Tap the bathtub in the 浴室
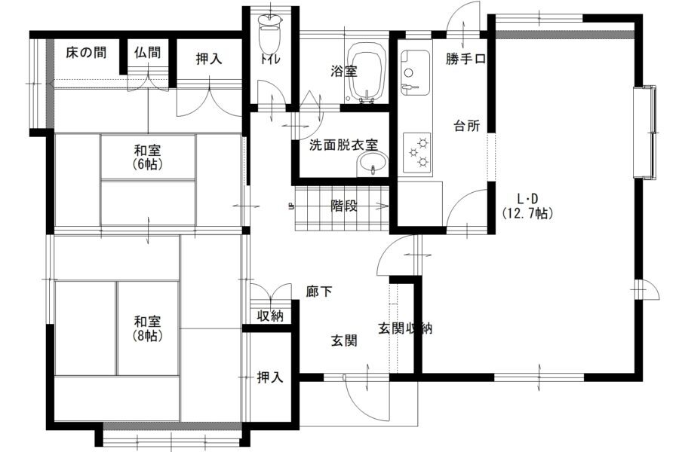click(x=367, y=72)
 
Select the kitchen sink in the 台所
click(x=415, y=72)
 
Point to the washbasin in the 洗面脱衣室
click(x=372, y=163)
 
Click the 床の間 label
click(x=86, y=53)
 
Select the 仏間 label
click(x=147, y=53)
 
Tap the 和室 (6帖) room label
click(x=148, y=157)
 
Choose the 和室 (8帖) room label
click(x=148, y=328)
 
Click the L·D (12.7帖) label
click(x=528, y=206)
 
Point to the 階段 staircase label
click(x=344, y=206)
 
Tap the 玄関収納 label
click(x=405, y=328)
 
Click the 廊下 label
click(x=318, y=292)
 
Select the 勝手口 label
click(x=466, y=59)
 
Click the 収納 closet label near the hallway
click(x=270, y=316)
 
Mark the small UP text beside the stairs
click(x=290, y=206)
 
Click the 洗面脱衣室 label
click(x=343, y=145)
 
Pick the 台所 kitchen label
click(x=466, y=126)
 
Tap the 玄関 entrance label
click(x=344, y=341)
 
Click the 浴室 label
click(x=344, y=71)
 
